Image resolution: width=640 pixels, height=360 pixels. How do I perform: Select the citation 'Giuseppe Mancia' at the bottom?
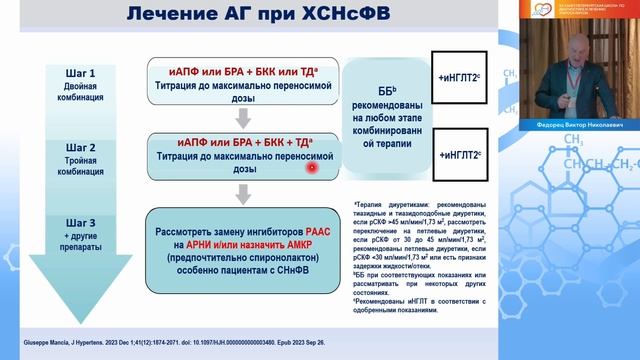42,327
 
